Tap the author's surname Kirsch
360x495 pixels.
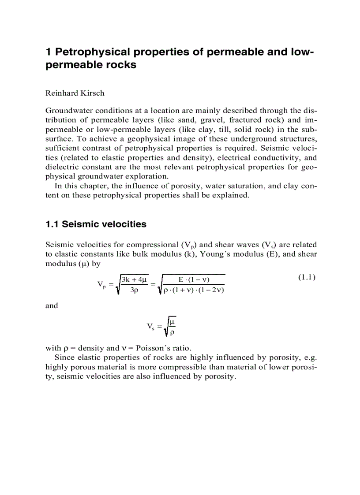tap(92, 93)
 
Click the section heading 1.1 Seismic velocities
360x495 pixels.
tap(96, 224)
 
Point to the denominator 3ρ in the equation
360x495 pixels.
tap(135, 290)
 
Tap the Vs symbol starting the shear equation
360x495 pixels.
tap(151, 327)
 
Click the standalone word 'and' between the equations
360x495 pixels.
tap(52, 306)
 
